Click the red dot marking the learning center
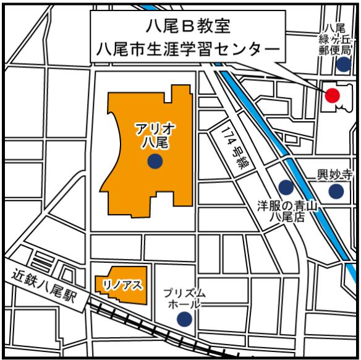(333, 95)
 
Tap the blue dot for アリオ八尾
(155, 162)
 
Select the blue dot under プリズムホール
(184, 319)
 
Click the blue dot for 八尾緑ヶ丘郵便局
(343, 64)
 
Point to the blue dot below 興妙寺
(336, 191)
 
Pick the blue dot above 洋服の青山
(286, 186)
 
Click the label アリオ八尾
(155, 135)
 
